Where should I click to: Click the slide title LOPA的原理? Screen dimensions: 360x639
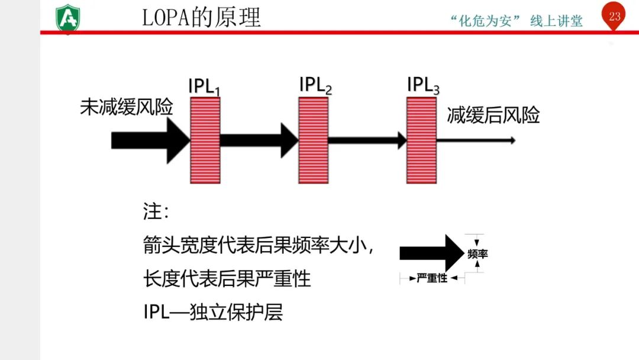tap(201, 17)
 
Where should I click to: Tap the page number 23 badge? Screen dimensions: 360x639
tap(614, 17)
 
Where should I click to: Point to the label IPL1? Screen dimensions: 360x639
tap(204, 86)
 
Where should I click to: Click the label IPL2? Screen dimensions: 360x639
tap(315, 85)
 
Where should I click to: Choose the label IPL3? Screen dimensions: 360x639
tap(423, 85)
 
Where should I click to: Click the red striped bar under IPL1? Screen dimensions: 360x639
tap(205, 140)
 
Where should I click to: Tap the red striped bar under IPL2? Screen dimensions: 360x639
tap(313, 140)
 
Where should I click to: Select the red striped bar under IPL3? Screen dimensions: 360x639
tap(421, 140)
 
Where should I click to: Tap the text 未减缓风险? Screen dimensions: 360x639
tap(127, 108)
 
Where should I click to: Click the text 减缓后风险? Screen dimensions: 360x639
tap(493, 115)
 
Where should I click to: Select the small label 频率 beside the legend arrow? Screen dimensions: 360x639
tap(477, 254)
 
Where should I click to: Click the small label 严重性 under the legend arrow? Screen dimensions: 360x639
tap(432, 278)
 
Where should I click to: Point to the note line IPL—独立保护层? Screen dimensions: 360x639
tap(213, 312)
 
